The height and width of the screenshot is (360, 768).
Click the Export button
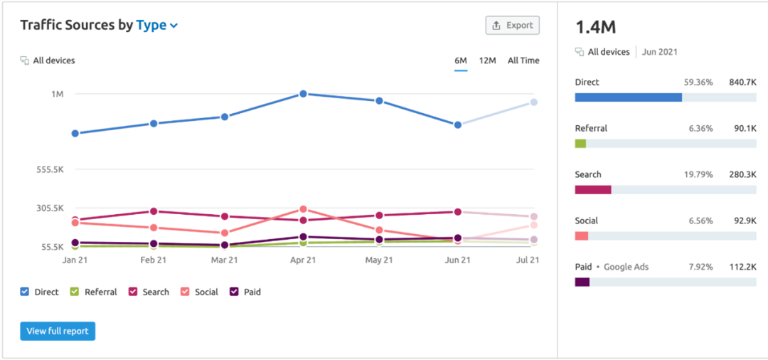coord(512,26)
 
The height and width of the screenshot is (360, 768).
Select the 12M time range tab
coord(487,60)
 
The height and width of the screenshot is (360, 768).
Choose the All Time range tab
coord(523,60)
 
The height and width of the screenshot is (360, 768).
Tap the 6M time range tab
coord(460,60)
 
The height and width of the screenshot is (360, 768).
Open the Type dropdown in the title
coord(156,26)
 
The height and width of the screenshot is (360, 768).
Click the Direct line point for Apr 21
coord(303,93)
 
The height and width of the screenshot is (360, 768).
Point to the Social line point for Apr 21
coord(303,210)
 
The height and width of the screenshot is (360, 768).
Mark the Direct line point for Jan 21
coord(75,133)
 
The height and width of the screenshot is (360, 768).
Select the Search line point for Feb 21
coord(154,211)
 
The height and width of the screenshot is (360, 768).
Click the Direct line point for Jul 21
coord(533,102)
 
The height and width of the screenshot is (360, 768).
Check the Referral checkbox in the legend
coord(75,292)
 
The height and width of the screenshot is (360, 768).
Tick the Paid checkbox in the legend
coord(235,292)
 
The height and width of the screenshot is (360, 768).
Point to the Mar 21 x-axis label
coord(224,260)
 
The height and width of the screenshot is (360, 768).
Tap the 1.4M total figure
coord(596,28)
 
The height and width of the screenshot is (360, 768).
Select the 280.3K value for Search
coord(742,174)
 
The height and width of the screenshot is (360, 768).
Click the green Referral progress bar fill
coord(580,144)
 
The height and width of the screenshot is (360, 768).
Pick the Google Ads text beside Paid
coord(626,267)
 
